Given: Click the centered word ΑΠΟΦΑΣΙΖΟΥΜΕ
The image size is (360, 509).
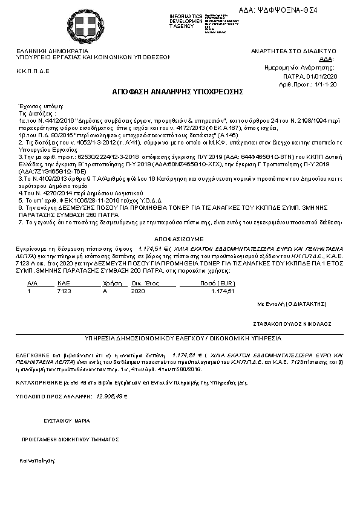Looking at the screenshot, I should [x=180, y=239].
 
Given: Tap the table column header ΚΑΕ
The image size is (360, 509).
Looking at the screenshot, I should [x=64, y=283].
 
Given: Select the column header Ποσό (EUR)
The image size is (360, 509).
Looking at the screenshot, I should [x=217, y=283].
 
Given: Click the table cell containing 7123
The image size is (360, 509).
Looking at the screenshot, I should [x=64, y=291].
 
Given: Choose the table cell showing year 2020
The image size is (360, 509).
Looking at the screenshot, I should [x=138, y=291].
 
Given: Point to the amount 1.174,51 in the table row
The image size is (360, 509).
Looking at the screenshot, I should [x=222, y=291].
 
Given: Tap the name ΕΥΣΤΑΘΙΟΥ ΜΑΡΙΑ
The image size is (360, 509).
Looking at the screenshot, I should [x=67, y=420].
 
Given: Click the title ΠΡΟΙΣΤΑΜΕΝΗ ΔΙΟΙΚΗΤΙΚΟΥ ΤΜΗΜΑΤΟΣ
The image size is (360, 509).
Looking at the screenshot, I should [x=70, y=440].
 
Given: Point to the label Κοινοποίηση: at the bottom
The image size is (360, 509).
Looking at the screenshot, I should [x=38, y=460].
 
